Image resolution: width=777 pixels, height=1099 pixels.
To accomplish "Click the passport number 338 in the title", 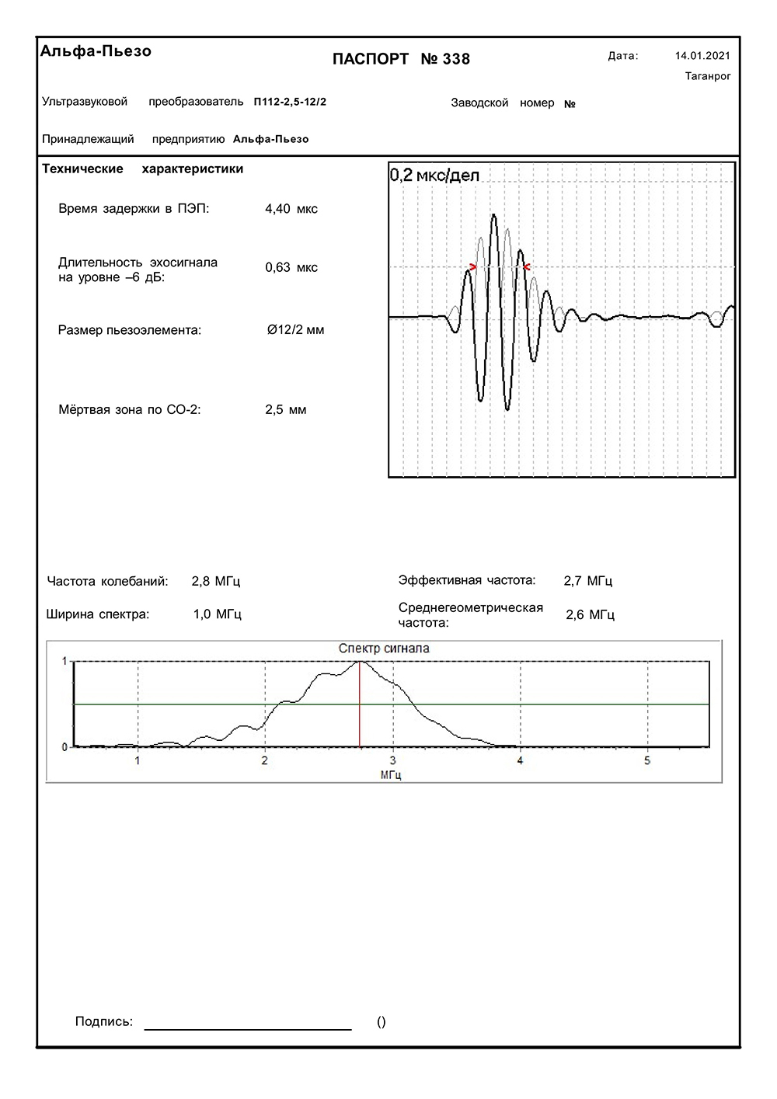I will (456, 60).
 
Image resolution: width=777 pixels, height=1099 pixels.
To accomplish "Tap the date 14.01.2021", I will (702, 56).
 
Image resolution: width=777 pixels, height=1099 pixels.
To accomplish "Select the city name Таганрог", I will (708, 76).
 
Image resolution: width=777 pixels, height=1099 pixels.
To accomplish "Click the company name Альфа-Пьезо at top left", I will (96, 51).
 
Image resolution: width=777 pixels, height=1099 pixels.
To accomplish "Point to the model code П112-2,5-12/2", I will (290, 102).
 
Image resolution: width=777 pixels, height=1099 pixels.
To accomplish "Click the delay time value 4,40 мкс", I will (291, 209).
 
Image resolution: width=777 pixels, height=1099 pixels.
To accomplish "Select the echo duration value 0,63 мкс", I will (291, 268).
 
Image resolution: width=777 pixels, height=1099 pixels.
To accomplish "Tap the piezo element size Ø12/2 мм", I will (295, 330).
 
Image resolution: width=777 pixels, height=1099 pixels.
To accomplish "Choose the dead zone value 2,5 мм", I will (286, 410).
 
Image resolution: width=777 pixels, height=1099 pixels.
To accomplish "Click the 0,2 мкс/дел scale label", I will (434, 176).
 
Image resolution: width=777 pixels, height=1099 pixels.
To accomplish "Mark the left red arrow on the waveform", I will (473, 267).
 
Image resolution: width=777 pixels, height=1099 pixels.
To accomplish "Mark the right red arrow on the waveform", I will (527, 267).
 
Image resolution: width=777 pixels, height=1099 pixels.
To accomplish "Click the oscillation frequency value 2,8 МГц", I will (216, 581).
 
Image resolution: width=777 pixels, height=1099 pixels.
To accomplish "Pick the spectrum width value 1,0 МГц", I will (218, 614).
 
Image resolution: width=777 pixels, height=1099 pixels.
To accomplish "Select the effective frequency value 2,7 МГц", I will (588, 581).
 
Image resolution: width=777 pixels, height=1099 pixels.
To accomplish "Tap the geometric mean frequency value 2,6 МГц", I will (591, 615).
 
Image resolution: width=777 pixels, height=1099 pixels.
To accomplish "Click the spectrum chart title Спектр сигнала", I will (384, 649).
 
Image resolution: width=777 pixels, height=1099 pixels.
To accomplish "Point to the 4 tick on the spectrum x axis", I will (521, 760).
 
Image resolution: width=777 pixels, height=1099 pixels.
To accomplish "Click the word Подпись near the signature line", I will (104, 1022).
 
